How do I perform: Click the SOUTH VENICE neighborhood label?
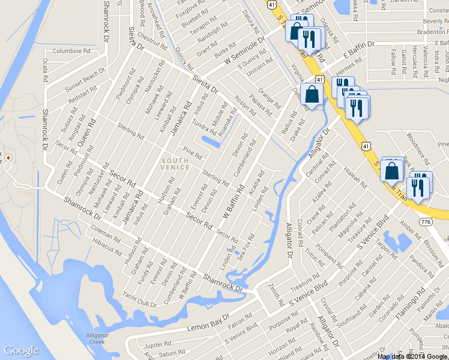[175, 164]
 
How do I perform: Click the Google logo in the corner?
[21, 351]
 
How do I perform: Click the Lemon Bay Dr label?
[209, 322]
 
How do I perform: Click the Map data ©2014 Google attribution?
[412, 356]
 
